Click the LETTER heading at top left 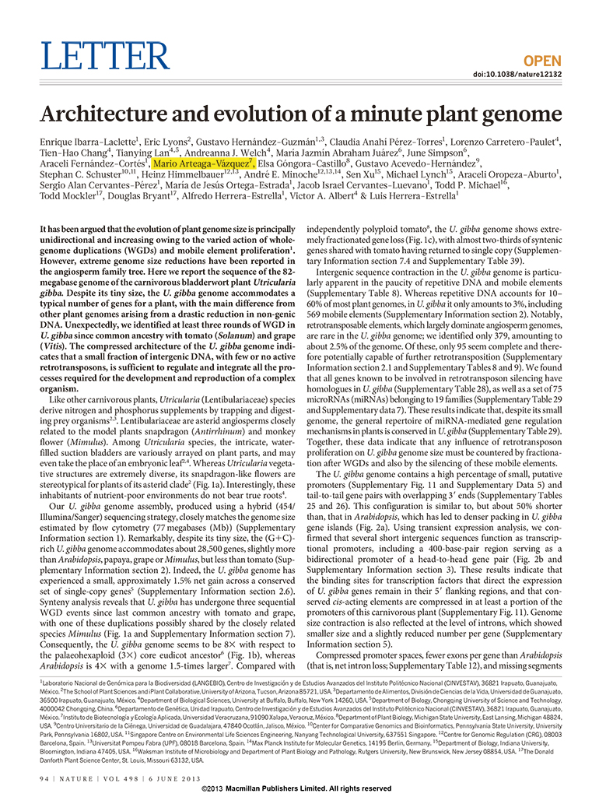[104, 56]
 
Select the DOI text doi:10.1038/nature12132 [517, 75]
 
